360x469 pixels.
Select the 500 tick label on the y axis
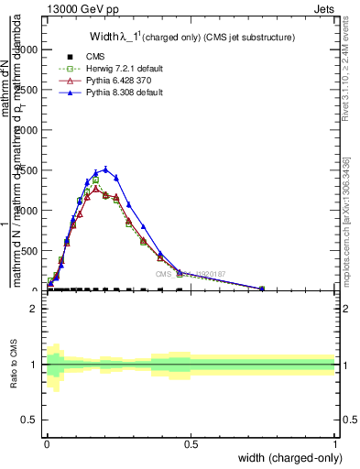tap(33, 250)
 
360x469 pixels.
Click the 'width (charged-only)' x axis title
tap(286, 458)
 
